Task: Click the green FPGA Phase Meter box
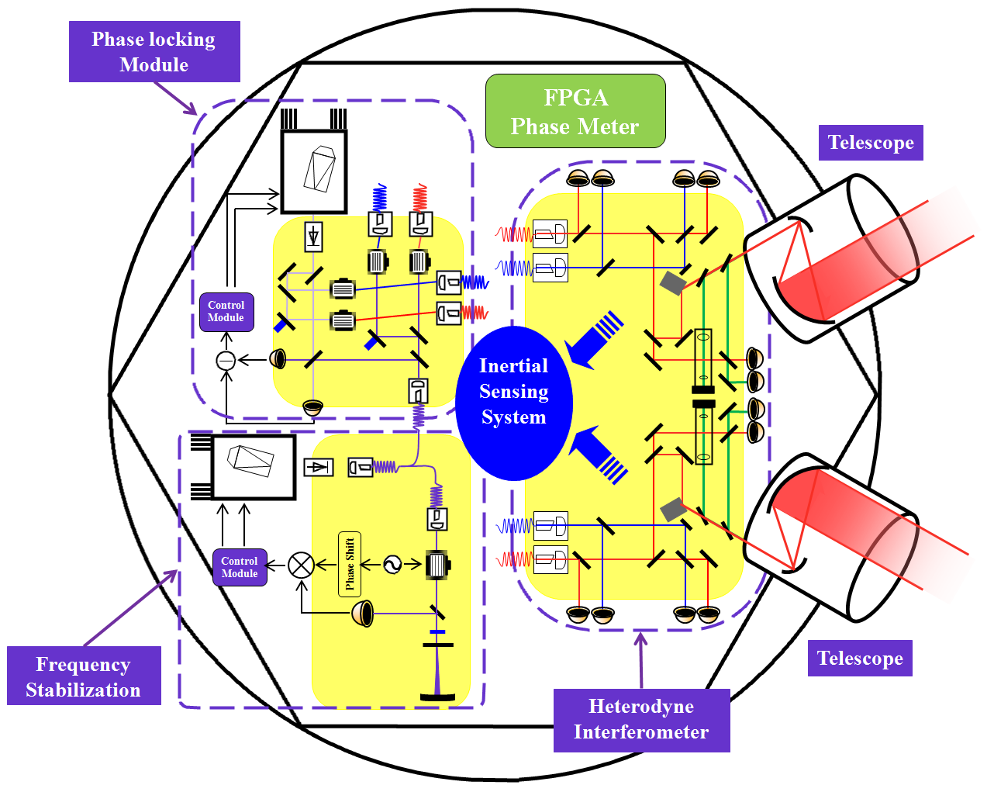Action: [x=575, y=111]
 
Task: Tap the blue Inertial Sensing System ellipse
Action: [x=513, y=403]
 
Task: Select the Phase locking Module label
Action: [x=154, y=51]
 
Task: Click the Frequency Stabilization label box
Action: [x=84, y=676]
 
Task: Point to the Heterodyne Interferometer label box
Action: [x=641, y=720]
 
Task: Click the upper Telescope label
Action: [x=871, y=142]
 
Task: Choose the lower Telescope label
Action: [x=860, y=658]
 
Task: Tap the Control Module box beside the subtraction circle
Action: [x=226, y=312]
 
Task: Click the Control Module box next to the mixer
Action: [x=240, y=567]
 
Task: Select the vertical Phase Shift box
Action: [x=350, y=564]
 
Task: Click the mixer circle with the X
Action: [x=301, y=565]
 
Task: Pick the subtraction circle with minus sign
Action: [x=226, y=361]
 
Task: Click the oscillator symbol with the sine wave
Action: [x=392, y=564]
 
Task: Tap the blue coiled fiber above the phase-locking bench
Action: [x=380, y=198]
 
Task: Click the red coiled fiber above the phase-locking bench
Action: [x=420, y=198]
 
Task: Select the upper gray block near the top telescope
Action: [x=672, y=283]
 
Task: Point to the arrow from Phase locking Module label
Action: [x=175, y=99]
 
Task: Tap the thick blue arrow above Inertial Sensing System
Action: [x=595, y=340]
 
